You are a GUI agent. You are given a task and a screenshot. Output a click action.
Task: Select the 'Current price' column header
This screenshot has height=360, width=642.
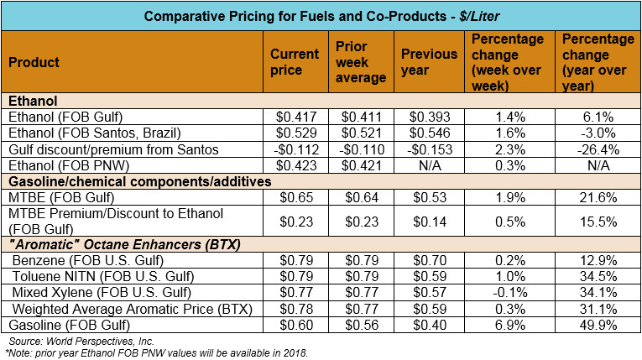tap(294, 63)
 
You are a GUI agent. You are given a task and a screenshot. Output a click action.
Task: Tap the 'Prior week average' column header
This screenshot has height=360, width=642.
tap(360, 63)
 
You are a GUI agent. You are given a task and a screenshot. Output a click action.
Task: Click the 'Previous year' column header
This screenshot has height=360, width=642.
tap(428, 63)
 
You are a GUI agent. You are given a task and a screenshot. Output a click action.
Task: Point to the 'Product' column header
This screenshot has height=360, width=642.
tap(34, 63)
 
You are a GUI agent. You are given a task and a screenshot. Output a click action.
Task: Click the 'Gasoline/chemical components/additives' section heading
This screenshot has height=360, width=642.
tap(123, 181)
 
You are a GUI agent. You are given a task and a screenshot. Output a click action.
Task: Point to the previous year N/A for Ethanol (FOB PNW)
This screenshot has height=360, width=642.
tap(429, 165)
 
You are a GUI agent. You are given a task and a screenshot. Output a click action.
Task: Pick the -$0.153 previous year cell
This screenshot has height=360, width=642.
tap(429, 149)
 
